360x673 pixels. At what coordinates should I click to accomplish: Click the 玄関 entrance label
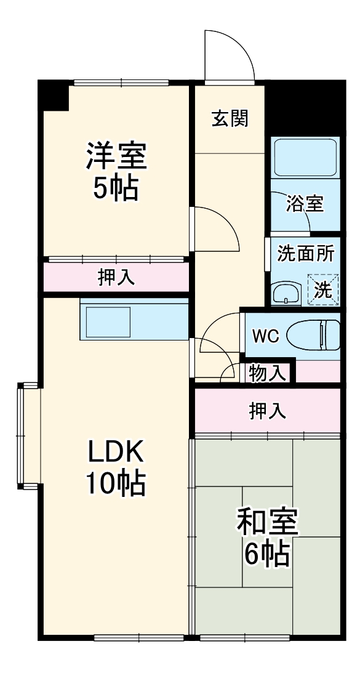click(x=230, y=119)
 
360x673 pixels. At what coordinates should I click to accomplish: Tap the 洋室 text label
click(x=116, y=156)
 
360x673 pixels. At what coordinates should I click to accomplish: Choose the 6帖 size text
click(x=267, y=555)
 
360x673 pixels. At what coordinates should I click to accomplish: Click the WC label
click(x=266, y=336)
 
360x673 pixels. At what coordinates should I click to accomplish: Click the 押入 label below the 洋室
click(x=116, y=278)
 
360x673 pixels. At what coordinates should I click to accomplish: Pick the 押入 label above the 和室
click(x=267, y=411)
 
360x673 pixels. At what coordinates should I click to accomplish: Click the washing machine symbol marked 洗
click(x=324, y=289)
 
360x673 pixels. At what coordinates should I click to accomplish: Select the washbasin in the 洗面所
click(x=286, y=293)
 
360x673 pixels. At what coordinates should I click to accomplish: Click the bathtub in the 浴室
click(x=305, y=158)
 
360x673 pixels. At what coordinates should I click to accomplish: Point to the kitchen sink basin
click(x=108, y=321)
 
